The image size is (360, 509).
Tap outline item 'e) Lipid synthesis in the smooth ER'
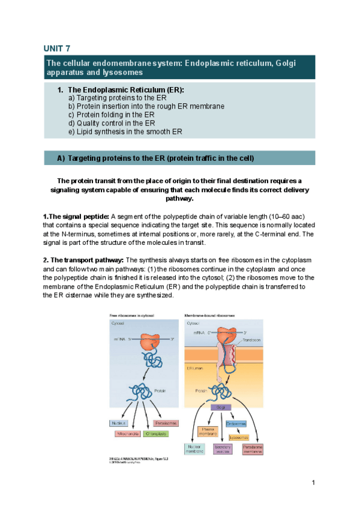125,131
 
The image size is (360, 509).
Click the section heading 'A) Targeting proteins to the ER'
155,158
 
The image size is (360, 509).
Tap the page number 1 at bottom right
313,483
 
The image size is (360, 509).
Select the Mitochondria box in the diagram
127,433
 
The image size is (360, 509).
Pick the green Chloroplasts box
156,433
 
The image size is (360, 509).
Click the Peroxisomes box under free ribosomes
166,423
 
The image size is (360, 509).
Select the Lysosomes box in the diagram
238,438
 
